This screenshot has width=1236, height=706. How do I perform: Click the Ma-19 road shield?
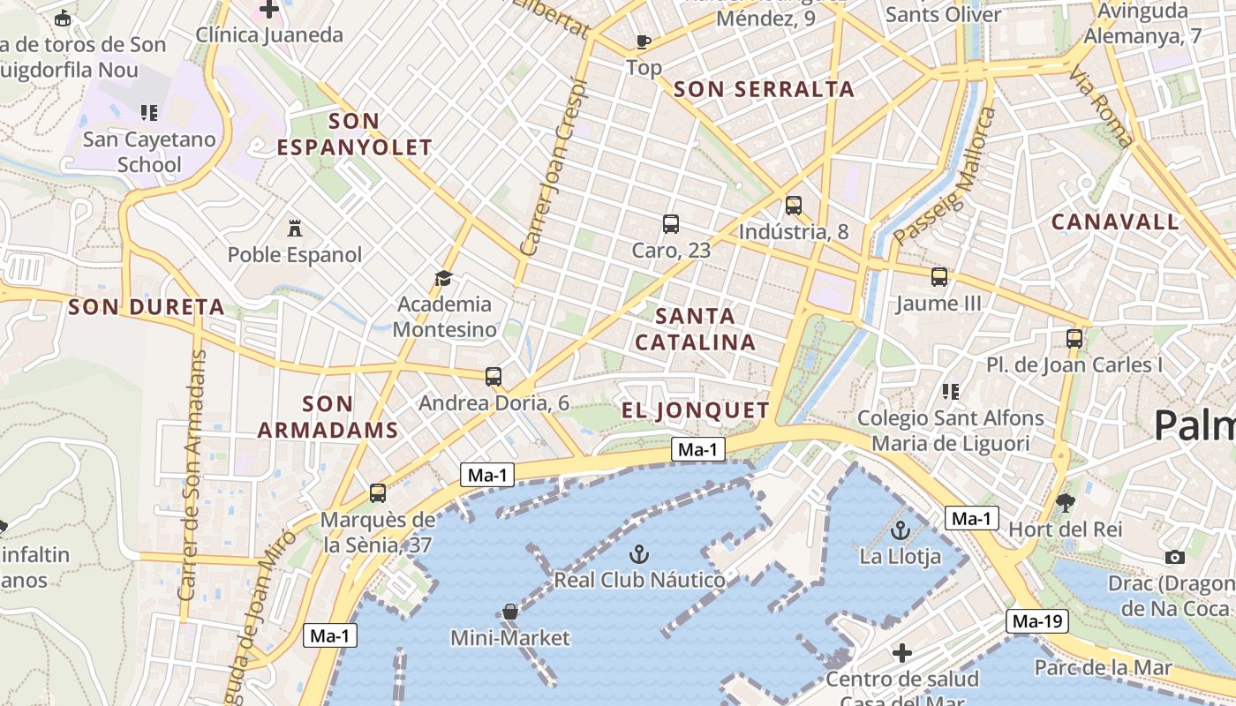click(x=1037, y=621)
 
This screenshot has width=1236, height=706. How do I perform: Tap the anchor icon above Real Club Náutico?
click(x=639, y=554)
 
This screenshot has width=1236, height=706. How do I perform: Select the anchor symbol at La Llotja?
click(x=901, y=530)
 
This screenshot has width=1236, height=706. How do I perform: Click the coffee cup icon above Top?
click(x=644, y=41)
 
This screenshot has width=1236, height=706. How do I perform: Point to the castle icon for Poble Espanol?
click(x=295, y=229)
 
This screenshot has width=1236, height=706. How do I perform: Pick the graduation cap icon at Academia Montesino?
click(x=444, y=279)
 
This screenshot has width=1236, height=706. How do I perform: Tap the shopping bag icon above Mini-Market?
click(x=509, y=612)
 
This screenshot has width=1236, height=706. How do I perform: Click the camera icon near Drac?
click(x=1174, y=557)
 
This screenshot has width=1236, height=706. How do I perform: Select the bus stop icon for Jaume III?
click(x=939, y=277)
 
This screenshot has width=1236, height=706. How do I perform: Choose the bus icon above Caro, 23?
click(x=671, y=224)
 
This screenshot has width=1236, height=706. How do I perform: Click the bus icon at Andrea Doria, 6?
click(x=494, y=377)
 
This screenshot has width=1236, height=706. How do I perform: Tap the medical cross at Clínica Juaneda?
click(x=269, y=10)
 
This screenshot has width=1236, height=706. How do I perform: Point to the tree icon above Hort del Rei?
click(x=1066, y=503)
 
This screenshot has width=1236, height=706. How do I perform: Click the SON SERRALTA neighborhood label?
click(x=764, y=89)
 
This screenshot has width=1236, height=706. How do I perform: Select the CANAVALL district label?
click(x=1115, y=222)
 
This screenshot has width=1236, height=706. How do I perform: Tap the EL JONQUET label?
click(x=696, y=410)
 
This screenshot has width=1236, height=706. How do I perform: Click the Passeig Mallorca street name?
click(x=944, y=177)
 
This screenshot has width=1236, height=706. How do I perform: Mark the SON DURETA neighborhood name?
click(x=147, y=307)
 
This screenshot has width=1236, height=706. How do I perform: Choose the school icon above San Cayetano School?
click(x=149, y=112)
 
